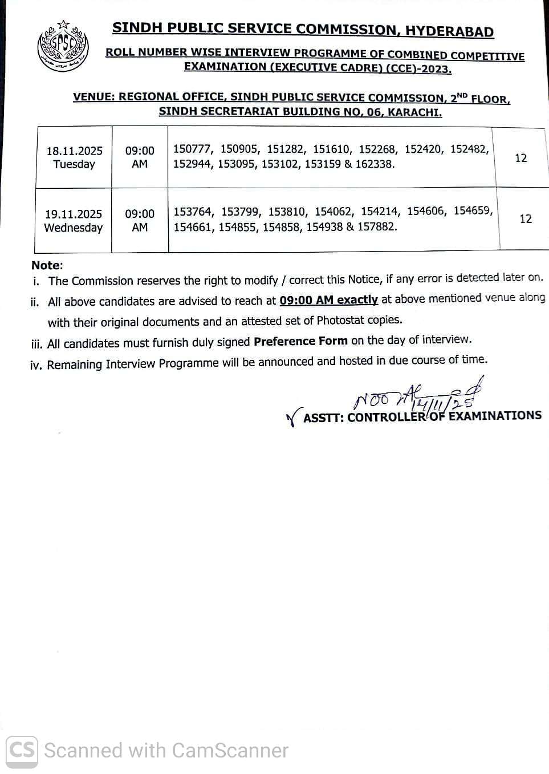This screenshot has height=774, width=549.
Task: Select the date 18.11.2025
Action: (x=75, y=151)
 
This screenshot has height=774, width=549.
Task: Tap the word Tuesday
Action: (x=74, y=164)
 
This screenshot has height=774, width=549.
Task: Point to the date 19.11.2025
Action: (x=74, y=214)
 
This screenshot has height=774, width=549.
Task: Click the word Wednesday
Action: (x=74, y=228)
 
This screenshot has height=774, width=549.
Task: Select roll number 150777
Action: (x=192, y=149)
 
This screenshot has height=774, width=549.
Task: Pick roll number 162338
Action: (x=375, y=164)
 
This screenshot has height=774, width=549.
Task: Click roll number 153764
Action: (x=193, y=212)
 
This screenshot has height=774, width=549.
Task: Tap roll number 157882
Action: (x=377, y=226)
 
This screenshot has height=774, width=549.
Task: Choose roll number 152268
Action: (x=377, y=149)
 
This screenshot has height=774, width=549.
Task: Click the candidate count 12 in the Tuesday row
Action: (x=521, y=158)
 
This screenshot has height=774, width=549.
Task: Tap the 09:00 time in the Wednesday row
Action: (x=140, y=214)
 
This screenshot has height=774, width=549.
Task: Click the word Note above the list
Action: (x=46, y=265)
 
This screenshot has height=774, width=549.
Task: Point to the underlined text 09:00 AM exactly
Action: (x=328, y=300)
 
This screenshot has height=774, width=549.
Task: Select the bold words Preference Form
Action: (x=300, y=341)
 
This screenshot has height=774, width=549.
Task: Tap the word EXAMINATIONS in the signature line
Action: (x=495, y=415)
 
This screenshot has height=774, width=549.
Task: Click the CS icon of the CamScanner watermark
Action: (x=22, y=750)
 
